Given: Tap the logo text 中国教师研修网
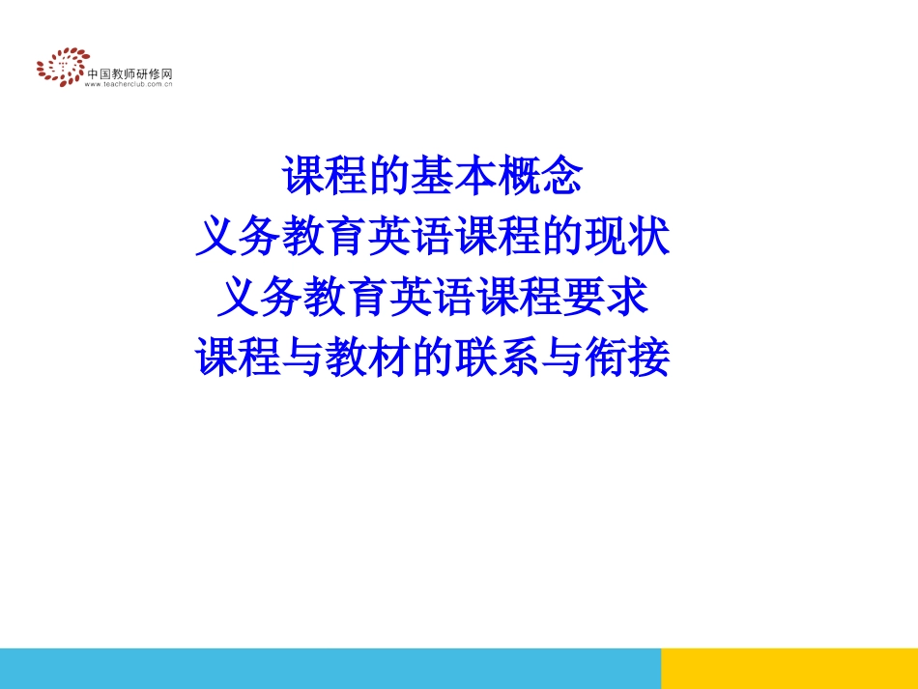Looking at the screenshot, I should click(129, 73).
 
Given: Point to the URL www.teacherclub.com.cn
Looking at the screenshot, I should click(129, 85).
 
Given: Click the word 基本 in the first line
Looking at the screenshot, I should click(453, 176).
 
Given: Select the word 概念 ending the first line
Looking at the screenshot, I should click(540, 176).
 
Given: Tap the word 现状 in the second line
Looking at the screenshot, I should click(626, 237).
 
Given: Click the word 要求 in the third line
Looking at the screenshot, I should click(604, 298).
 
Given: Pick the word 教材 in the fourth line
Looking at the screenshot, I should click(367, 359).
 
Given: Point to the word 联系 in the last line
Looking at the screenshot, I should click(497, 359).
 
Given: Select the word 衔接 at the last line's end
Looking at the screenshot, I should click(626, 359).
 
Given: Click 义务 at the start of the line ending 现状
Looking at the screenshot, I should click(239, 237).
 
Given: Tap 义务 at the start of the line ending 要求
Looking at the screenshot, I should click(260, 298).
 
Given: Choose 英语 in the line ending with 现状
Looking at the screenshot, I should click(411, 237).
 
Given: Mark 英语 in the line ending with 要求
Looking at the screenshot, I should click(432, 298).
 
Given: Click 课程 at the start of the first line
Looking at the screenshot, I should click(325, 176).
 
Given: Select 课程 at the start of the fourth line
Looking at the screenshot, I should click(239, 359).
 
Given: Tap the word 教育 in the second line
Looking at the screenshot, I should click(325, 237).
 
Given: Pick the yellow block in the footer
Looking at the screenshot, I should click(789, 668).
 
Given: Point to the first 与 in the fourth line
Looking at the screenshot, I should click(303, 359).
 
